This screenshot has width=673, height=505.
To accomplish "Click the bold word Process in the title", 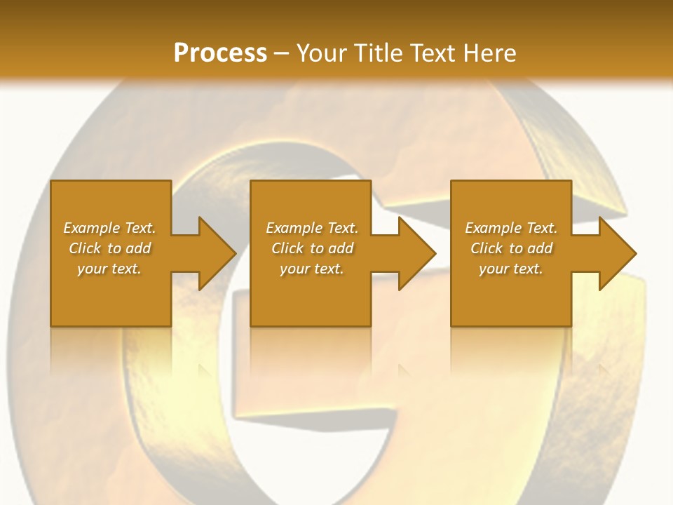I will (220, 53).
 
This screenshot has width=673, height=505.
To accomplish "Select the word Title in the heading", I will (379, 53).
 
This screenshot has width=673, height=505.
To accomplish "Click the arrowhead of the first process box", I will (217, 253).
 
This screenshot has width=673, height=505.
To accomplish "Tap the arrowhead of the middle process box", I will (416, 253).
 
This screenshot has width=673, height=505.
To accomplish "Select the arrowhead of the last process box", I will (617, 253).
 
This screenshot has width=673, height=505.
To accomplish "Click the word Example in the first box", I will (91, 228).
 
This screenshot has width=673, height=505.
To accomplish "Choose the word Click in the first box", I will (84, 248).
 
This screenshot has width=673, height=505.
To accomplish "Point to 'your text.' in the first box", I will (109, 269).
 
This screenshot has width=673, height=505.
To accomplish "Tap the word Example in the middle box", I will (294, 228).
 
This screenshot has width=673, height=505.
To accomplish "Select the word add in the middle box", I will (341, 248).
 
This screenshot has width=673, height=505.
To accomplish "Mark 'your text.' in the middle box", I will (311, 269).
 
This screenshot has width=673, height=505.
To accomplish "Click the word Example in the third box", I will (493, 228).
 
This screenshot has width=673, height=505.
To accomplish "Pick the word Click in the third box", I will (487, 248).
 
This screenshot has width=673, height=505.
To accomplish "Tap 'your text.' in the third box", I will (511, 269).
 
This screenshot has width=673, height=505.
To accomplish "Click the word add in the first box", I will (139, 248).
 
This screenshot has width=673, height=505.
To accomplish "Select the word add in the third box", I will (541, 248).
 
